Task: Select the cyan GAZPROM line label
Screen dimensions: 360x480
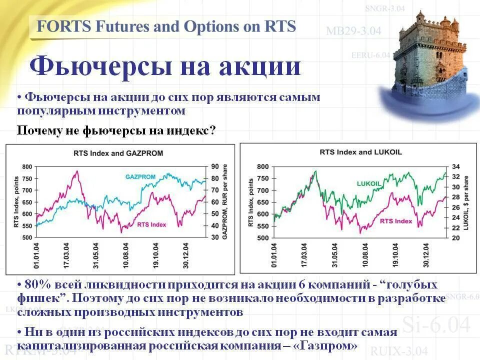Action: (x=140, y=177)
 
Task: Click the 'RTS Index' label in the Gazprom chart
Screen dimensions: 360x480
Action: (x=151, y=224)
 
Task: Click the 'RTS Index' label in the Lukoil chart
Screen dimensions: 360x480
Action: (x=396, y=220)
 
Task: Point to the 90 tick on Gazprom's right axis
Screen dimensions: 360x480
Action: (x=215, y=167)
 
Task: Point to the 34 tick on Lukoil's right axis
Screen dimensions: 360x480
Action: (x=455, y=166)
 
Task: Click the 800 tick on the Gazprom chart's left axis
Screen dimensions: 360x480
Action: (x=26, y=167)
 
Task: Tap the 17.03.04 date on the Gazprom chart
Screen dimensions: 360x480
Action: (x=68, y=256)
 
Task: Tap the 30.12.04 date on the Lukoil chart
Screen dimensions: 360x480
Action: (x=426, y=256)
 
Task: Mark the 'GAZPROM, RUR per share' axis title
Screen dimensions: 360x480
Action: (x=226, y=202)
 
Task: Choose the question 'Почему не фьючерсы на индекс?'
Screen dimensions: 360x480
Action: (x=116, y=131)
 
